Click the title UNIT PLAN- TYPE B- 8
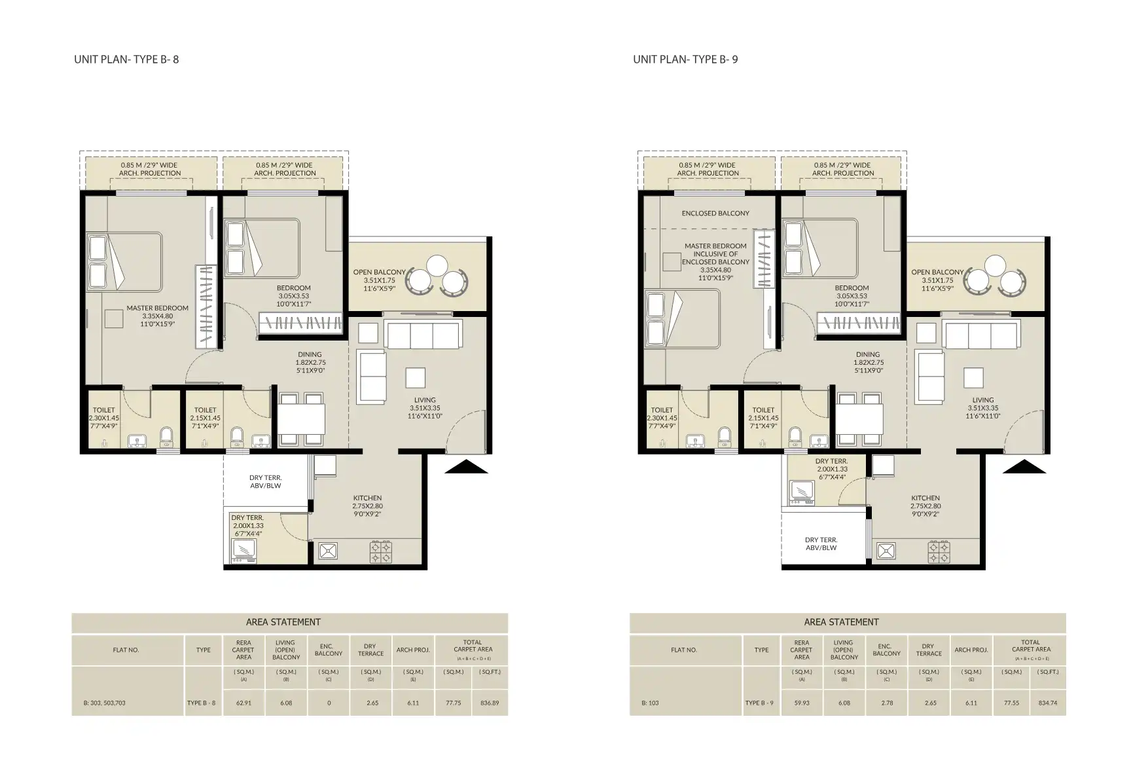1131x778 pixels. pyautogui.click(x=126, y=59)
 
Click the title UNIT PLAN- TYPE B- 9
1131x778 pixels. pyautogui.click(x=685, y=59)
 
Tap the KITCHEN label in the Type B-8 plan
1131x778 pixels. pyautogui.click(x=367, y=506)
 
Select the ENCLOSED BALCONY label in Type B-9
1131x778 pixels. pyautogui.click(x=715, y=213)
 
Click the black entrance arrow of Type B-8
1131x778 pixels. pyautogui.click(x=466, y=466)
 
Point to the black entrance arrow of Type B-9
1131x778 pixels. pyautogui.click(x=1024, y=466)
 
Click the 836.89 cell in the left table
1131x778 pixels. pyautogui.click(x=489, y=703)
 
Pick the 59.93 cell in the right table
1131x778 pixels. pyautogui.click(x=801, y=703)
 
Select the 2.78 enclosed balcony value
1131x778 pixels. pyautogui.click(x=886, y=703)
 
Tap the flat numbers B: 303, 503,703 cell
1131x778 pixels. pyautogui.click(x=104, y=703)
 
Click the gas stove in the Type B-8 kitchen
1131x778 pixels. pyautogui.click(x=382, y=551)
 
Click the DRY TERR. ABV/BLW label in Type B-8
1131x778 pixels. pyautogui.click(x=265, y=481)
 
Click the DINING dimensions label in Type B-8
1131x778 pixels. pyautogui.click(x=310, y=362)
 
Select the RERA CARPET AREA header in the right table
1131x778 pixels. pyautogui.click(x=801, y=650)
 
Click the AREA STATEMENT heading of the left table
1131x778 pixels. pyautogui.click(x=283, y=621)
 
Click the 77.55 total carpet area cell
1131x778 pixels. pyautogui.click(x=1011, y=703)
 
